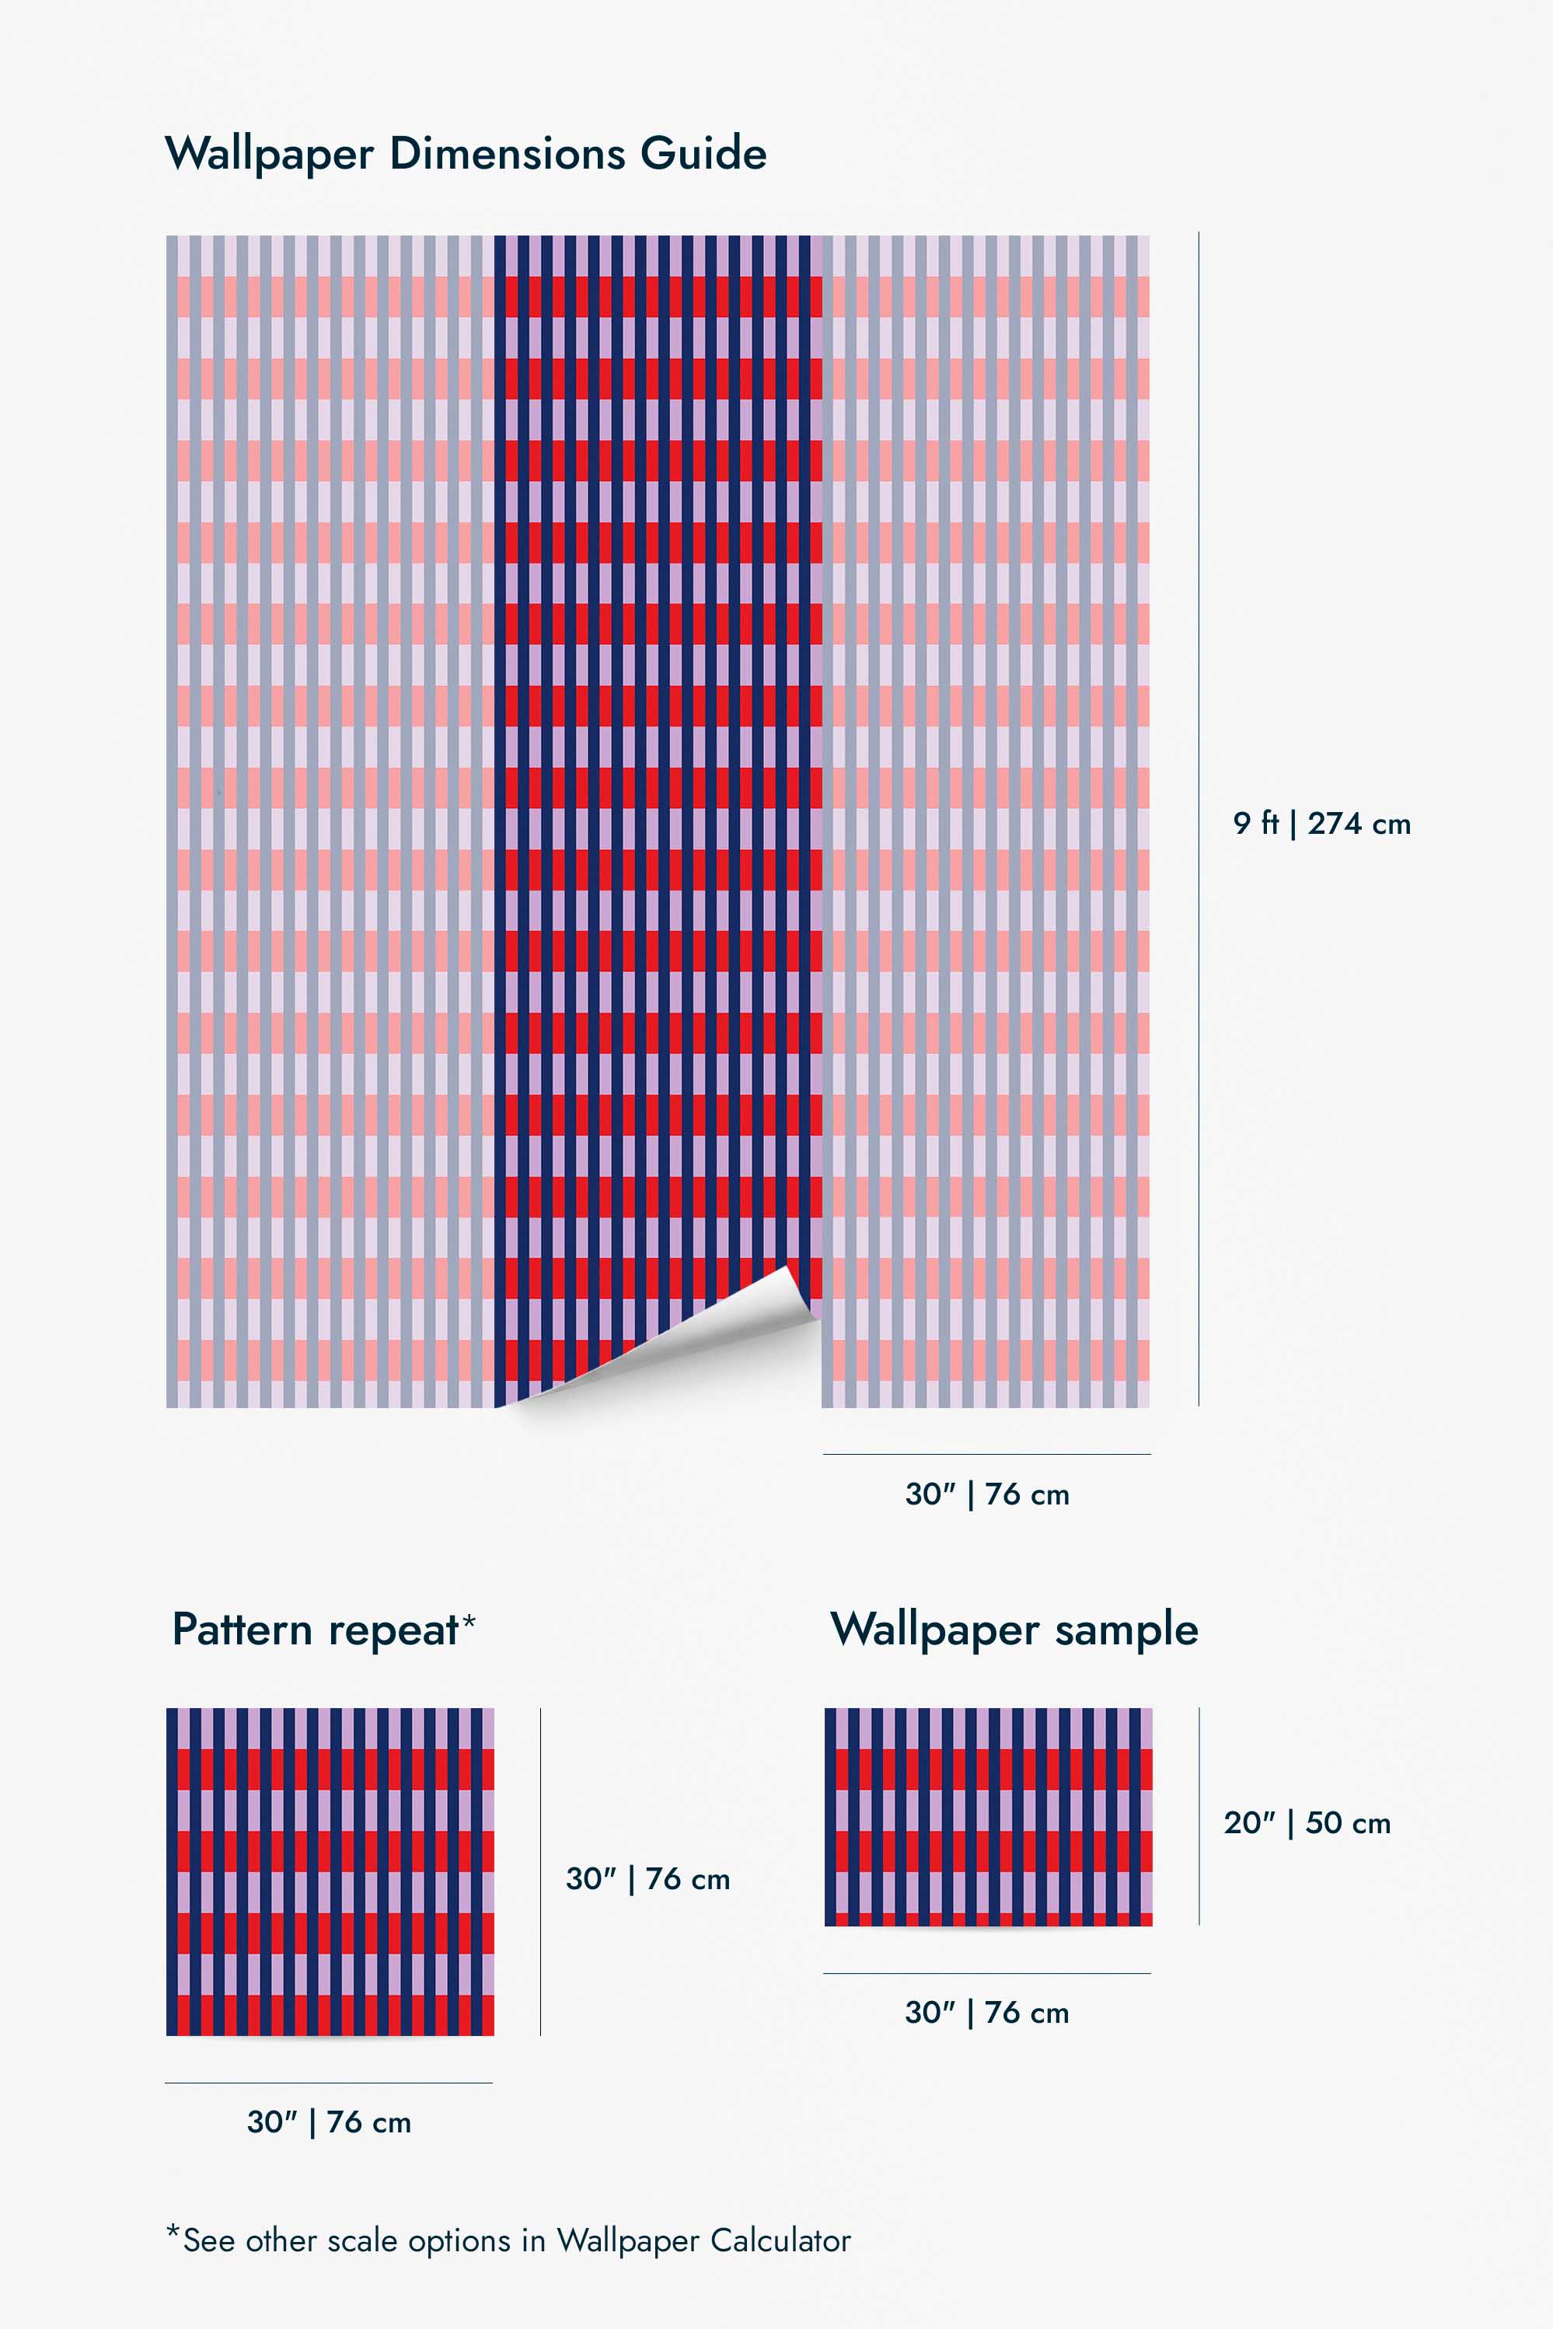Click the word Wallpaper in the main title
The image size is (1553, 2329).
(x=270, y=155)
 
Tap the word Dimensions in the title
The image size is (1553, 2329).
(x=507, y=154)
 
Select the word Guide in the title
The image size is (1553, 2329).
(x=703, y=154)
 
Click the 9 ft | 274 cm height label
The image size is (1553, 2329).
(x=1321, y=823)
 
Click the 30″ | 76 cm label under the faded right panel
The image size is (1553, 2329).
(x=986, y=1494)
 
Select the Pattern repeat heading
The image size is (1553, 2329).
(x=315, y=1630)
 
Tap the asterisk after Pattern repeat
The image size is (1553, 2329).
(x=469, y=1621)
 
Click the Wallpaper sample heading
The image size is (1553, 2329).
(x=1014, y=1630)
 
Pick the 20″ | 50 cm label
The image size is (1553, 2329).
(x=1307, y=1822)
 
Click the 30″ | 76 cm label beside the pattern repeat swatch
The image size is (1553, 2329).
(x=647, y=1878)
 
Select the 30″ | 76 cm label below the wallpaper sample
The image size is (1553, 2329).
(x=986, y=2012)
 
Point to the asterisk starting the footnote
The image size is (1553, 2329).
(x=173, y=2232)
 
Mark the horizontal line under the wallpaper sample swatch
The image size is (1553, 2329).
(x=986, y=1974)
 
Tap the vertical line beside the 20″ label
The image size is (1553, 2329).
(x=1199, y=1816)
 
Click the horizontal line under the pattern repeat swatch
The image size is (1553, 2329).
(x=329, y=2083)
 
